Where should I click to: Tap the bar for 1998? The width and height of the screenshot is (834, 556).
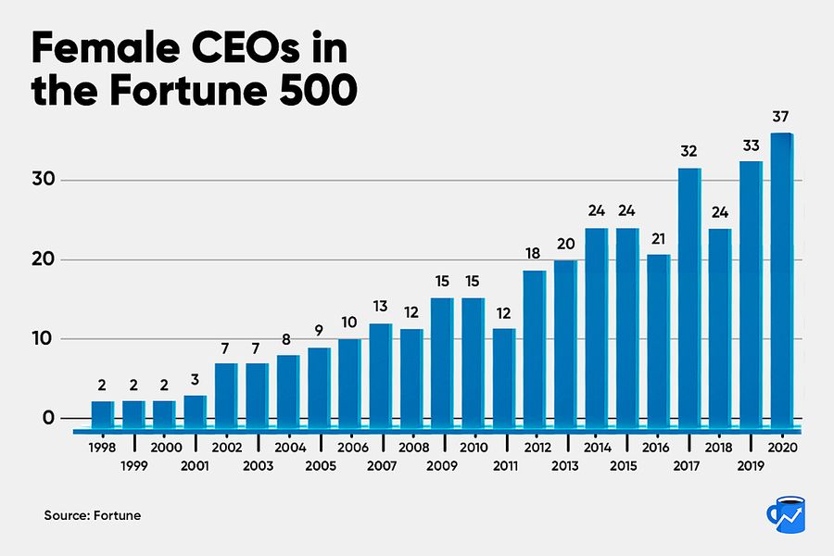click(103, 411)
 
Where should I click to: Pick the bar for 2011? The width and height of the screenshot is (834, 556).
click(504, 374)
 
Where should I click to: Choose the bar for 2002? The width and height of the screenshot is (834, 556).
click(226, 391)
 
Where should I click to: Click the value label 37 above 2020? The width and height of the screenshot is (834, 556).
click(782, 116)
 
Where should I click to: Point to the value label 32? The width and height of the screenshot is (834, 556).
click(689, 151)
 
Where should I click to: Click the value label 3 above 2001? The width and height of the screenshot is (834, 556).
click(196, 378)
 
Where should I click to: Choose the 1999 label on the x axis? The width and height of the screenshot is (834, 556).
click(135, 465)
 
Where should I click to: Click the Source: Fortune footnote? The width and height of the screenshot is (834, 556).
click(93, 514)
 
